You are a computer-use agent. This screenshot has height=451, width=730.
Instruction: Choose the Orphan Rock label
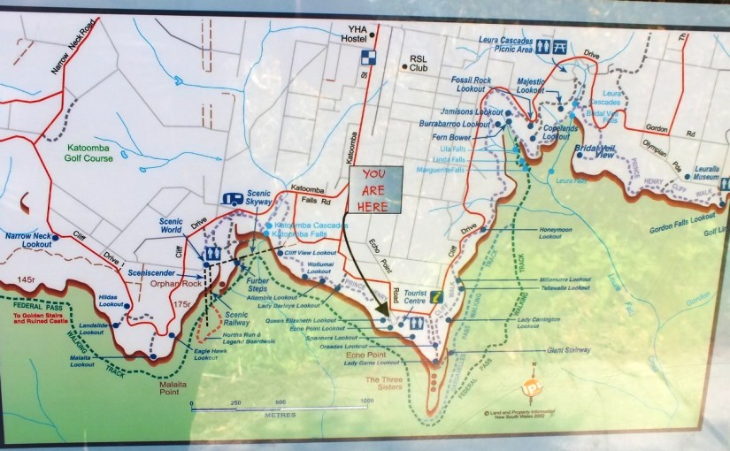click(x=175, y=284)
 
